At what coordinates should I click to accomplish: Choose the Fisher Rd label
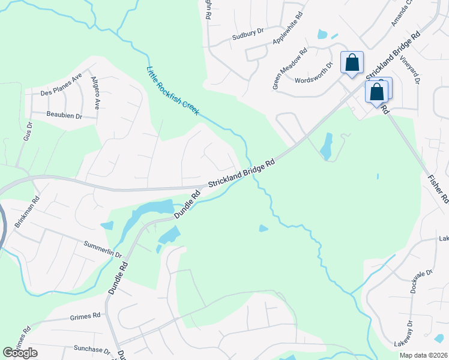[x=436, y=185]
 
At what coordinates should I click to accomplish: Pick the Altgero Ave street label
[x=95, y=92]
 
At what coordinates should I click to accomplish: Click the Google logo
[x=20, y=353]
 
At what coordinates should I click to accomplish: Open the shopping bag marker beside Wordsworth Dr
[x=352, y=62]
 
